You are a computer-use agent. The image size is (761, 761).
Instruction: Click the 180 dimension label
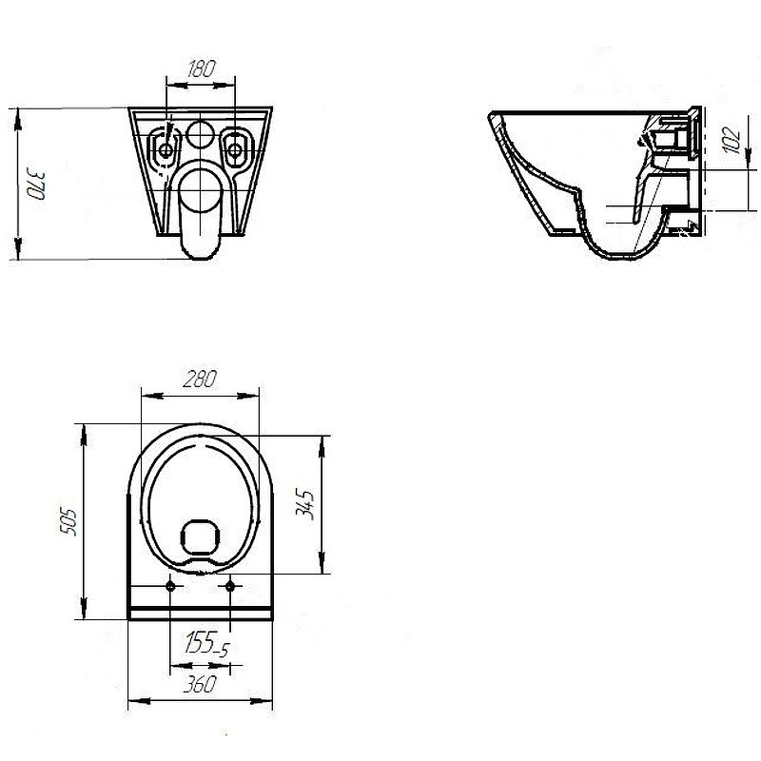coord(201,68)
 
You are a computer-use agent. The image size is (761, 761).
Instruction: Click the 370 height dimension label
coord(36,184)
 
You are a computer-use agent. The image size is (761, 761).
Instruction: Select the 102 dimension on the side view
coord(732,140)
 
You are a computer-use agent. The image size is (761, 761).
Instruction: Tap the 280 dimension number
coord(200,379)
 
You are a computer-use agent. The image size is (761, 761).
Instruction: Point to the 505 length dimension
coord(68,522)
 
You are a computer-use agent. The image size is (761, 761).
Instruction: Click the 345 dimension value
coord(305,505)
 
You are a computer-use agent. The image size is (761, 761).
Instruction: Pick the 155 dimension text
coord(200,642)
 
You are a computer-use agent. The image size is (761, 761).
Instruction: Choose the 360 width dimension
coord(200,684)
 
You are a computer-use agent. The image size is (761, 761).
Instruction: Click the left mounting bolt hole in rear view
coord(166,150)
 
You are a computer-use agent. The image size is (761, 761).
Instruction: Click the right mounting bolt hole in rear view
coord(235,150)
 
